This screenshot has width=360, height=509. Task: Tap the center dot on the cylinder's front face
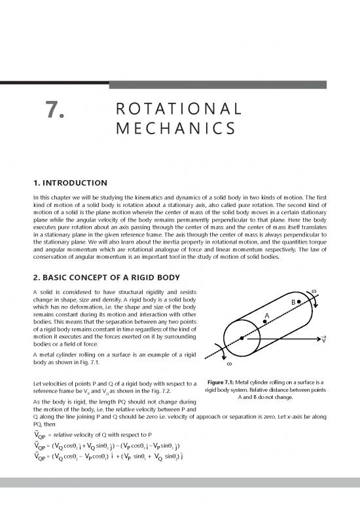(x=242, y=337)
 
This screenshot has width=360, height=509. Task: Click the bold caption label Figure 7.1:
(x=225, y=382)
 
